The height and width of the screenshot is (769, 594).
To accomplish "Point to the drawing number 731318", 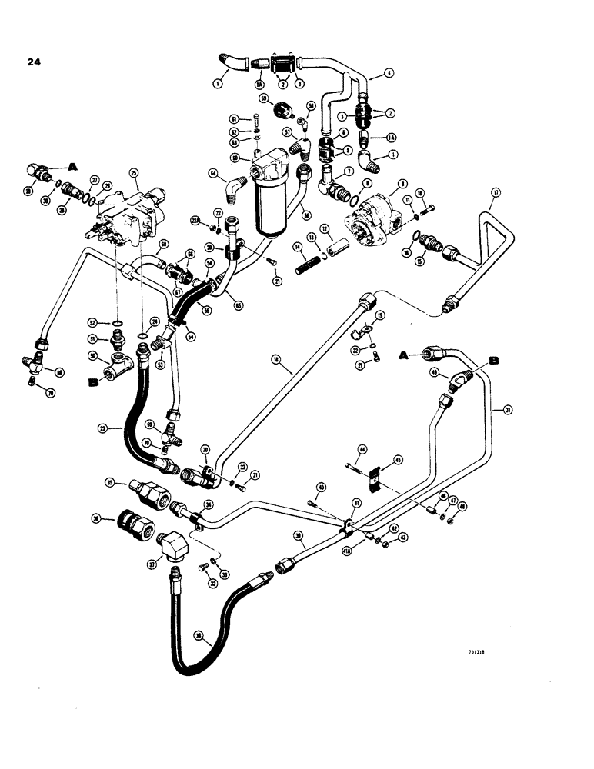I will [x=479, y=651].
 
